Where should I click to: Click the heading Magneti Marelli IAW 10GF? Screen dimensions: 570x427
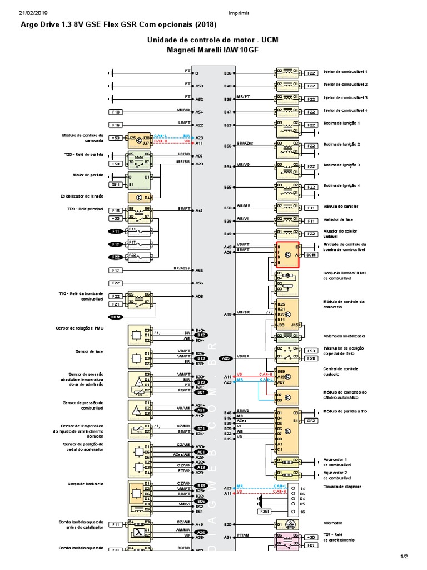click(x=213, y=50)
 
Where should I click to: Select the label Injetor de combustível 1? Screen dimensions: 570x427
click(x=345, y=72)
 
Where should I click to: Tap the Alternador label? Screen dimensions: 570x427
click(x=333, y=523)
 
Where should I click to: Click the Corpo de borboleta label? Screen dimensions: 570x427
click(x=85, y=484)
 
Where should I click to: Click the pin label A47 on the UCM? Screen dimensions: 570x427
click(x=199, y=210)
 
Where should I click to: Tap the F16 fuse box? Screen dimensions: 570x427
click(x=116, y=125)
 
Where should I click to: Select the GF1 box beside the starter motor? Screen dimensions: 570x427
click(x=116, y=184)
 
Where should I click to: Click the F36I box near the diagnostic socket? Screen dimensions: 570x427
click(x=265, y=511)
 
